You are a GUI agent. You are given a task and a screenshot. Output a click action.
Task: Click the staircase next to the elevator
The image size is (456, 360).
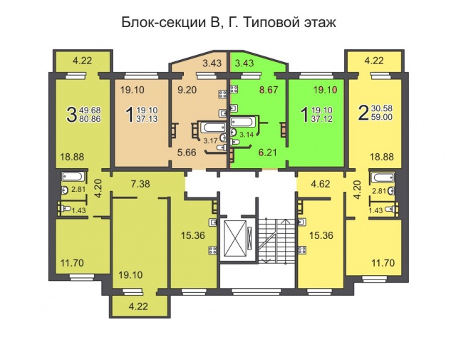coord(276,240)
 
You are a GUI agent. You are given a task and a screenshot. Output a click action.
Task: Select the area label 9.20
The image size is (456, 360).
coord(187,90)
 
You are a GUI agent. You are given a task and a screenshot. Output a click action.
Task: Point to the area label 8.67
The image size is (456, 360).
coord(269,90)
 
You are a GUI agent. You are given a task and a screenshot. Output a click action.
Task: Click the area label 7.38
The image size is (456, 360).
coord(140,184)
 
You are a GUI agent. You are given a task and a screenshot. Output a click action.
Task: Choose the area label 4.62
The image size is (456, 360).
coord(320,184)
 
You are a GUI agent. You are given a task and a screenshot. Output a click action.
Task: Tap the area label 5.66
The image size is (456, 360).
coord(187,153)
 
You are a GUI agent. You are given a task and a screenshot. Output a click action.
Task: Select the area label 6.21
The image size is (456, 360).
coord(267,153)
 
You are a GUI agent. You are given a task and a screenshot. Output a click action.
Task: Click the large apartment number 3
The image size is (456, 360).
coord(71,114)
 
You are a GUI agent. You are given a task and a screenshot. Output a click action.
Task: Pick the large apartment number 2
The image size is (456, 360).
coord(363,113)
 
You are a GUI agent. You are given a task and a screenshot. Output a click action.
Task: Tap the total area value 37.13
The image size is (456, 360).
coord(147,119)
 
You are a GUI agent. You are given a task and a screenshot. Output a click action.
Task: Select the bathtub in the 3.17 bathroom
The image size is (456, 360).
coord(213,128)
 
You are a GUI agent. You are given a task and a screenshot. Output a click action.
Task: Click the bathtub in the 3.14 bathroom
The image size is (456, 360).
coord(241,122)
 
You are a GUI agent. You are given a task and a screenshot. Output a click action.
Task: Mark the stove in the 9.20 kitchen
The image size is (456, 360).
coord(223,94)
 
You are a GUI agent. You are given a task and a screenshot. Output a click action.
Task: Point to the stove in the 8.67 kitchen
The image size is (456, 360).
coord(234,89)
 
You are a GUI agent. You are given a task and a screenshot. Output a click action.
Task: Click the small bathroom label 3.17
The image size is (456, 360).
coord(210,141)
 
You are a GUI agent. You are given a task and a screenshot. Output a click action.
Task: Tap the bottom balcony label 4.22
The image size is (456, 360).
coord(138,306)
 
